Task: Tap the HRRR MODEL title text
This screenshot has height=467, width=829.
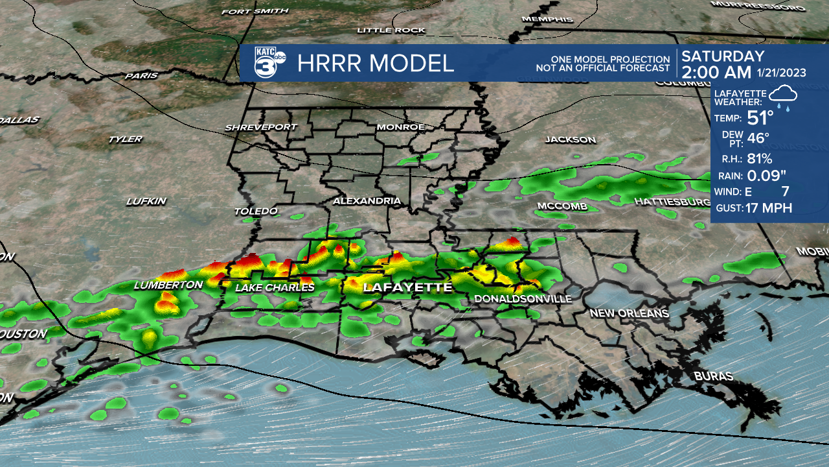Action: coord(376,64)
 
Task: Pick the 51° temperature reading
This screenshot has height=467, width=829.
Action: coord(761,118)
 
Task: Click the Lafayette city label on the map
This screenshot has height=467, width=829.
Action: coord(407,287)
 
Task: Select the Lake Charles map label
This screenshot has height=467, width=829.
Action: coord(275,287)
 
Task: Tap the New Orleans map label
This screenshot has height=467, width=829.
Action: coord(628,313)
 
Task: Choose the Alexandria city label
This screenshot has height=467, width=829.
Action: coord(367,201)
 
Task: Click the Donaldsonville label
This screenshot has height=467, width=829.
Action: coord(523,299)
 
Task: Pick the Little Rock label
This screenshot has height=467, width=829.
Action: coord(391,30)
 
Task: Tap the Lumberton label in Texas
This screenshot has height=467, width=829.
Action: coord(168,285)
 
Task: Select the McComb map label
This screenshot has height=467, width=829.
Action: coord(562,206)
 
